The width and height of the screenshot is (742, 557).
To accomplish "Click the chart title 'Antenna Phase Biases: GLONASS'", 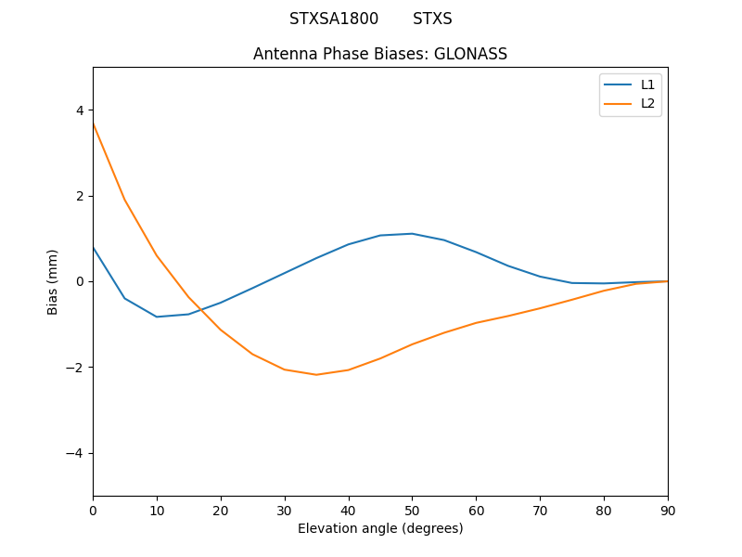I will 380,54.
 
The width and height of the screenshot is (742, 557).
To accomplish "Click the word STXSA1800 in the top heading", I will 334,19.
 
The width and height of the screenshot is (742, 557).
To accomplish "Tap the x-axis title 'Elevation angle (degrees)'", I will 380,528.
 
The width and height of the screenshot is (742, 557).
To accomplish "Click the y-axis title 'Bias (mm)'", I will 53,281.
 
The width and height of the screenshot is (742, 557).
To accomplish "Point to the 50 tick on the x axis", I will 412,509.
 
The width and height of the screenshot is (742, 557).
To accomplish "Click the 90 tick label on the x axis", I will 668,509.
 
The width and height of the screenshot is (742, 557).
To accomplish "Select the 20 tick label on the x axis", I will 221,509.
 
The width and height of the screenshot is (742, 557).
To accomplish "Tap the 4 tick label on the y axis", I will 80,110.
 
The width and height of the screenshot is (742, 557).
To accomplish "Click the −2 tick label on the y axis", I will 75,368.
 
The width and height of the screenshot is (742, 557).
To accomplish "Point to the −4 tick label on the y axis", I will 75,453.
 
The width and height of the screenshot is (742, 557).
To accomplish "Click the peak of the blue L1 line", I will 412,233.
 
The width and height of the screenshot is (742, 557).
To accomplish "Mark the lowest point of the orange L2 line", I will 316,374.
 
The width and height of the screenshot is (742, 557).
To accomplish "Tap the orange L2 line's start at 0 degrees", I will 93,123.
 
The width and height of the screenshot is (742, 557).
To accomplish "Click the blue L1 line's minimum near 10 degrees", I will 157,317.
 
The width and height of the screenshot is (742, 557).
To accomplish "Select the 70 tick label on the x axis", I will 540,509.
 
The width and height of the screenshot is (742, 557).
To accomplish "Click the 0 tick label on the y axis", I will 80,281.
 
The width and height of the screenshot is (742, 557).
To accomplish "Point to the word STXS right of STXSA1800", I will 432,19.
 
